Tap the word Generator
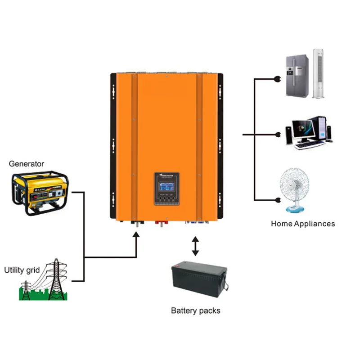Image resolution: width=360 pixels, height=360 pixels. point(27,164)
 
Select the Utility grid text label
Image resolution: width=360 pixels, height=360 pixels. point(22,270)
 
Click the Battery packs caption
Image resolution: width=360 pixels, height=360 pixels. point(196,310)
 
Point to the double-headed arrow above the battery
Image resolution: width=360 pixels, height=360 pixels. point(195,246)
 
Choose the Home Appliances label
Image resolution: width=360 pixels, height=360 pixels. point(303,224)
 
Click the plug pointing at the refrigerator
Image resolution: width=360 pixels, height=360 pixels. point(276,80)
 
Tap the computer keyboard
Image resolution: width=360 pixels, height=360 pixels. point(310,145)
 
